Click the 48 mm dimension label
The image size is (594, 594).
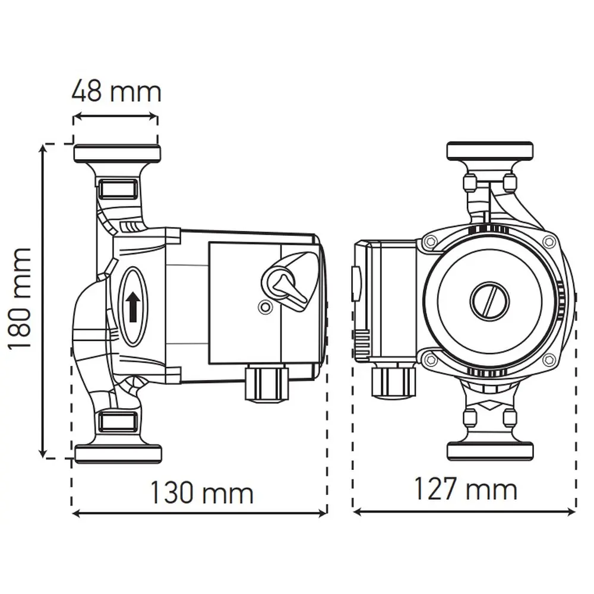point(116,91)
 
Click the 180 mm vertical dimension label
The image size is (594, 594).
point(20,300)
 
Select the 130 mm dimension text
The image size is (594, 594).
point(201,492)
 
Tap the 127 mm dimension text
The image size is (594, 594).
point(466,488)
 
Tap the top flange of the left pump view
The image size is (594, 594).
point(117,153)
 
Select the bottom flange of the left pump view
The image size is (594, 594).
point(118,454)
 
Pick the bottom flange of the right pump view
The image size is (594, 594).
point(490,451)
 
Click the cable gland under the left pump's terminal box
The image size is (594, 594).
point(267,383)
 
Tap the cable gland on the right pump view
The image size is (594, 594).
point(393,379)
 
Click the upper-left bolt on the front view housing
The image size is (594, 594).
point(430,241)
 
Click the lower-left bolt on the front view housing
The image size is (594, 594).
point(430,358)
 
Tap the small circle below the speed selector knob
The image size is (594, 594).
point(264,307)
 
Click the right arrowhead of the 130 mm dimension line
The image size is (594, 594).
point(323,514)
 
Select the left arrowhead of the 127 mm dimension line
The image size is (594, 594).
point(357,512)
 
